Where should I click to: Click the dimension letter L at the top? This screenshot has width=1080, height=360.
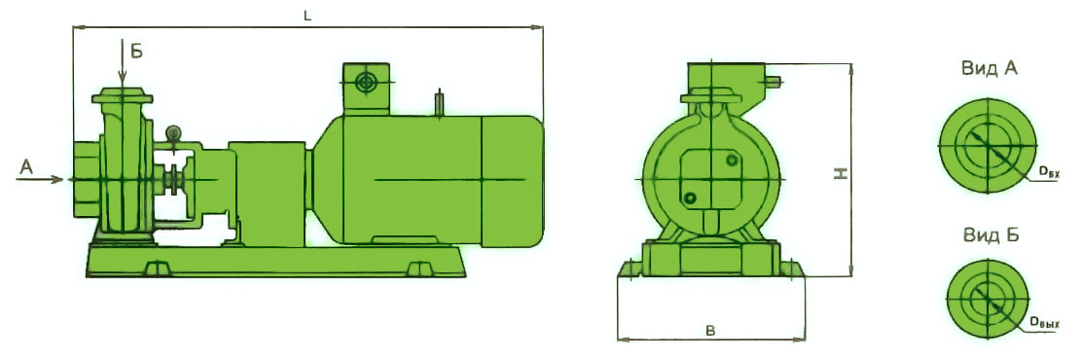point(307,16)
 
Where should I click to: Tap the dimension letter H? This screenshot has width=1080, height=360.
point(841,175)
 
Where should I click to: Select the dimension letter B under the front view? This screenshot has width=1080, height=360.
point(711,331)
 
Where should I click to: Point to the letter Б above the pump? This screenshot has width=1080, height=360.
point(136,51)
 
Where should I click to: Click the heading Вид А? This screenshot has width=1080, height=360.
point(990,69)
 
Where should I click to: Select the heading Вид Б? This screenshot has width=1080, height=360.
point(990,234)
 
